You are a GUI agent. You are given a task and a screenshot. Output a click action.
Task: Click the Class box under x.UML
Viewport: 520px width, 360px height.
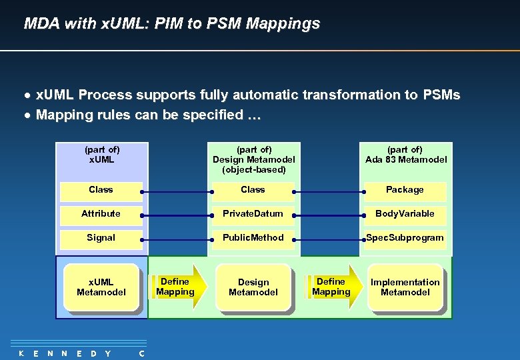[x=101, y=190]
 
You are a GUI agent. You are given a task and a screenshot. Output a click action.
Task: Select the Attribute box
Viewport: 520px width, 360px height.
[x=101, y=214]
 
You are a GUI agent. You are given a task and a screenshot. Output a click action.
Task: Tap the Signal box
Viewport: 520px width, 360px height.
[x=101, y=238]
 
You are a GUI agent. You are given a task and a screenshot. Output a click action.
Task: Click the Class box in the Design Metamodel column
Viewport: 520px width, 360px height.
[x=253, y=190]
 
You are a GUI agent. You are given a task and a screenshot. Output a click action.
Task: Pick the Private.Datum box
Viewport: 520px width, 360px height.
[x=253, y=214]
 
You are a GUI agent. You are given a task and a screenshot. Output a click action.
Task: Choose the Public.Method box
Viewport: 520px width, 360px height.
[x=253, y=238]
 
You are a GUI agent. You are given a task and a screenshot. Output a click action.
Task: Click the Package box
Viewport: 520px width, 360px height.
[x=405, y=190]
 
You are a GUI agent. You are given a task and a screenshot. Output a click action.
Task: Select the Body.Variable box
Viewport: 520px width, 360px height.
[x=405, y=214]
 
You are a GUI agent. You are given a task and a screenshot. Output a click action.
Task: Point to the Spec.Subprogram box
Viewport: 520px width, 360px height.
[x=405, y=238]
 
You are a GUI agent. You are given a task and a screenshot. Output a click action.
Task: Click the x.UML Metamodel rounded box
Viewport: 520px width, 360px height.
[x=101, y=287]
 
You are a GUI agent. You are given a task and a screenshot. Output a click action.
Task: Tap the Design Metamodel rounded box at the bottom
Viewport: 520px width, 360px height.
[x=253, y=287]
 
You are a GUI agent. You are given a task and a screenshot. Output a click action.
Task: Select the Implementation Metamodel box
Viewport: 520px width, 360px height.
[x=405, y=287]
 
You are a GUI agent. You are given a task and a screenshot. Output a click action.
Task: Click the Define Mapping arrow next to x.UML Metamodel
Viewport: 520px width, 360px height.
[x=175, y=287]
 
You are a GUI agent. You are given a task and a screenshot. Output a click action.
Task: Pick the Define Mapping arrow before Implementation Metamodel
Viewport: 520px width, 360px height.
[x=331, y=287]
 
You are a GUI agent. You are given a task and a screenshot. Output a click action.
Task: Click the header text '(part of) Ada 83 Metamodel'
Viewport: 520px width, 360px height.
[x=406, y=155]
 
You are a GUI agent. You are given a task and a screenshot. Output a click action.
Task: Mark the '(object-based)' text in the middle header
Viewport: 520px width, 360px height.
[x=254, y=169]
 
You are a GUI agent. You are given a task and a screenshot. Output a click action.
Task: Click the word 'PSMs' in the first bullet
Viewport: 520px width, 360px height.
[x=441, y=95]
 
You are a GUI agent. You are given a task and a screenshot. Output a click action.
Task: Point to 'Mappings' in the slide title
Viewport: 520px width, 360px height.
[x=283, y=24]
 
